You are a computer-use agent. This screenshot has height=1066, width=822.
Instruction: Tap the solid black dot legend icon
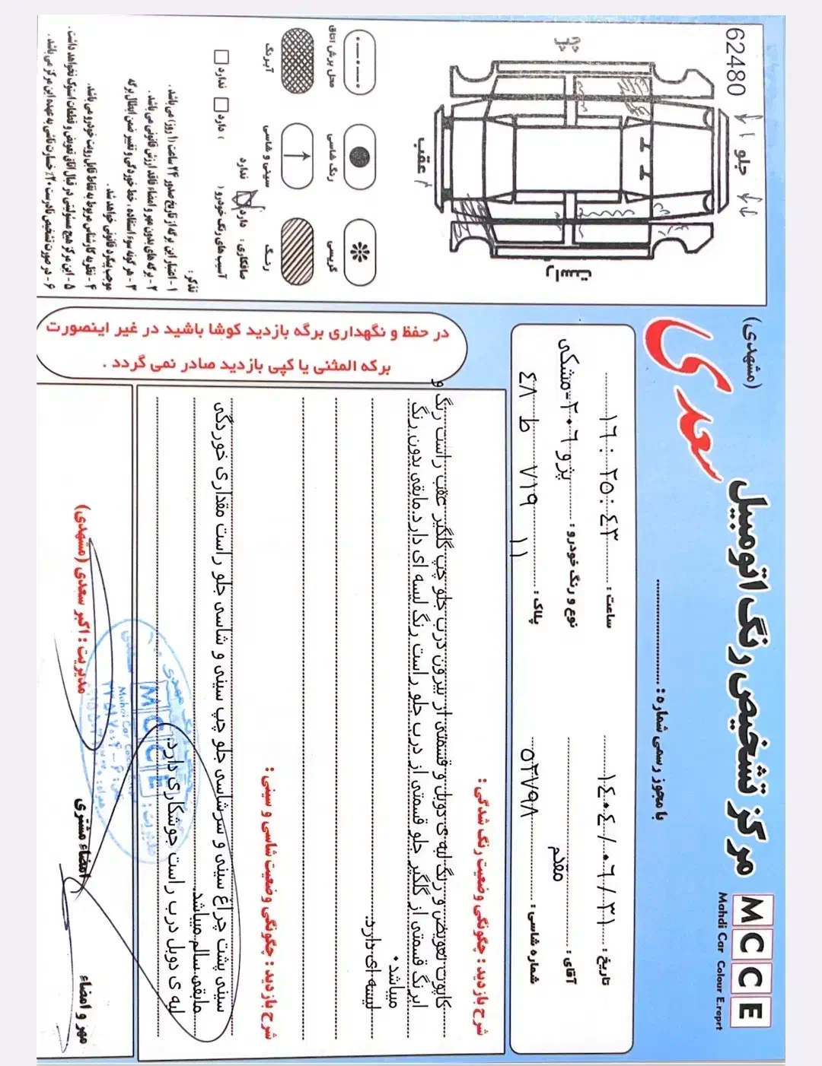(358, 155)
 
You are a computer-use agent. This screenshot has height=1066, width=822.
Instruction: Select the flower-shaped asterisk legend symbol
(358, 252)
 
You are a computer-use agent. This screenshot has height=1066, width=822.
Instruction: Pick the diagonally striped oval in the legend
(297, 252)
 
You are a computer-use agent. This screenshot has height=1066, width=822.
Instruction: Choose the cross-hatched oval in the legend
(298, 61)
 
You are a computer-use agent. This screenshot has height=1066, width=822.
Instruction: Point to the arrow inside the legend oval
(298, 155)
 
